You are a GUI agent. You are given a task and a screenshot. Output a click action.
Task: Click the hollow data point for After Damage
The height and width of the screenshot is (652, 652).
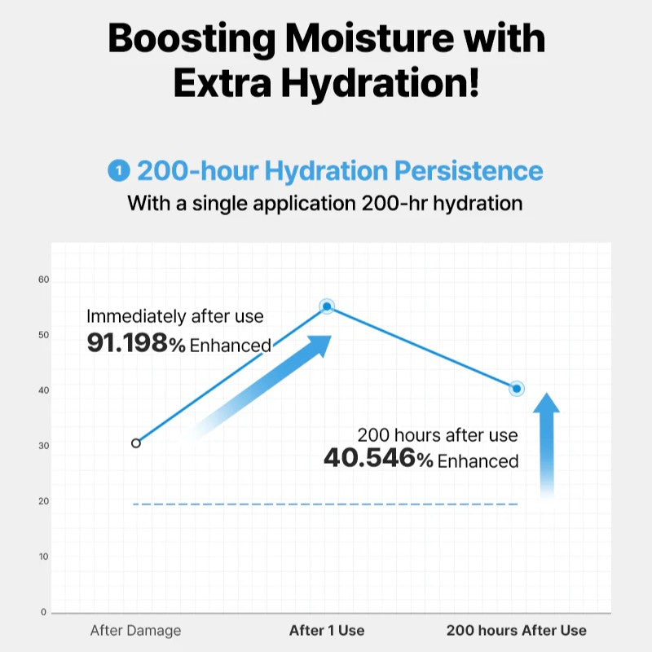(x=136, y=443)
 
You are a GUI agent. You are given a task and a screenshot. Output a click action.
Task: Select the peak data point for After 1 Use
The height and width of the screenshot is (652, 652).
(x=327, y=306)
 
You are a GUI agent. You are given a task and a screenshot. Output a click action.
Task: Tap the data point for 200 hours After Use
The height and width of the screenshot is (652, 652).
(x=516, y=389)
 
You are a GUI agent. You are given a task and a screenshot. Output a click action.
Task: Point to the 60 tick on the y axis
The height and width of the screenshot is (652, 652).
(x=44, y=280)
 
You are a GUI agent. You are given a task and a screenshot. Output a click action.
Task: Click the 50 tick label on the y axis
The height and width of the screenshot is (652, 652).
(x=44, y=335)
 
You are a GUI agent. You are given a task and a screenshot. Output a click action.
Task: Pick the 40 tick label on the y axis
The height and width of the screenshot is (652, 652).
(x=44, y=390)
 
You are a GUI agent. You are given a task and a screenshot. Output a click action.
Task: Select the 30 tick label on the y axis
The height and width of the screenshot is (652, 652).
(x=44, y=446)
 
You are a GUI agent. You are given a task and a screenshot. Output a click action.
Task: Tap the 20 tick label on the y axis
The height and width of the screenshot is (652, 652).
(x=44, y=501)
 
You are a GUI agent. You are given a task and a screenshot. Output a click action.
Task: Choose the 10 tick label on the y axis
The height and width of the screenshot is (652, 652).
(x=44, y=557)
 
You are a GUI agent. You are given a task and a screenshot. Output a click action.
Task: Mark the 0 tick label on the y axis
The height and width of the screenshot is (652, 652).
(x=44, y=612)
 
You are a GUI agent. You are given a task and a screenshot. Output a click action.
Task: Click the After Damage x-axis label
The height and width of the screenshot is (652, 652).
(x=135, y=630)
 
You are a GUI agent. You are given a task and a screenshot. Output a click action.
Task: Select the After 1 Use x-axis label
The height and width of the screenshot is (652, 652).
(x=327, y=630)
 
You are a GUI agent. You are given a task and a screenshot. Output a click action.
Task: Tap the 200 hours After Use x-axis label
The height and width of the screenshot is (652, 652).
(x=516, y=630)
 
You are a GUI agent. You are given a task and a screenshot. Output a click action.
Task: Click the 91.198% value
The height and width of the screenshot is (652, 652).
(x=136, y=343)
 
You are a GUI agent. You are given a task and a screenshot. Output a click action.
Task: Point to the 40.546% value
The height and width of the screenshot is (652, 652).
(x=378, y=459)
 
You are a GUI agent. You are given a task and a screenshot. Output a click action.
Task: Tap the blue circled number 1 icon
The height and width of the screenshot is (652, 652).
(x=119, y=171)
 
